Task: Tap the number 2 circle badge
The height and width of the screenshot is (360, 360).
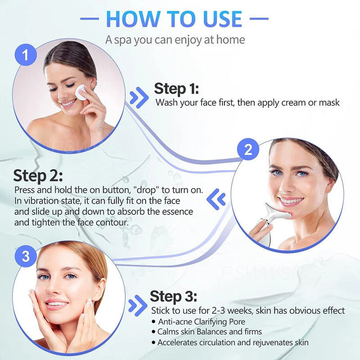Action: click(x=248, y=150)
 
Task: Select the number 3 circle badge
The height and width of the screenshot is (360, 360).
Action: click(x=26, y=256)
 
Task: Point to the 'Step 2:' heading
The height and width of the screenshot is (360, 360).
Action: click(x=38, y=175)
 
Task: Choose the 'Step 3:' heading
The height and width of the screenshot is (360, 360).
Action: click(x=173, y=297)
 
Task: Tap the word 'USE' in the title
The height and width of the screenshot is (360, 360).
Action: click(x=220, y=19)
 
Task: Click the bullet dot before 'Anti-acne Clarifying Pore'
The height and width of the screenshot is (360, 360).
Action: click(x=153, y=322)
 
